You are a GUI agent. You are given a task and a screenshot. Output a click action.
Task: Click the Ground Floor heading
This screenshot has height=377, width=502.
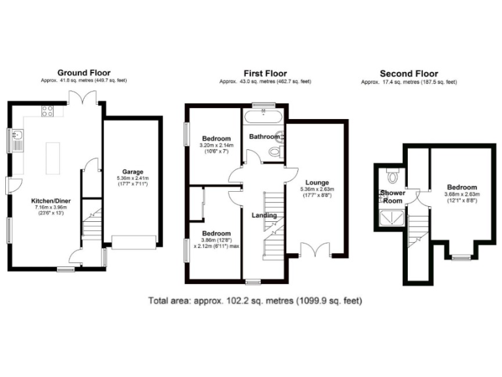[84, 73]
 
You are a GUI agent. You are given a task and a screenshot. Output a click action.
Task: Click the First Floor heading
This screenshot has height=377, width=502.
[265, 73]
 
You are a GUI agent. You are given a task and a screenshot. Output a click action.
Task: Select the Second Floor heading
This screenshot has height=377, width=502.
[409, 74]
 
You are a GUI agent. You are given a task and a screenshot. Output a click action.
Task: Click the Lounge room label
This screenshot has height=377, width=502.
[315, 182]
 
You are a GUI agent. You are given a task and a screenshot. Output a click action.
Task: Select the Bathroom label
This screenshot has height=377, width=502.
[263, 137]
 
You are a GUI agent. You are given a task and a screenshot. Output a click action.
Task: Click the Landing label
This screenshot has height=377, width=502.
[265, 215]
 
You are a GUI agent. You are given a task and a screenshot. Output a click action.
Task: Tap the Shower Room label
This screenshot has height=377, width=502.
[393, 197]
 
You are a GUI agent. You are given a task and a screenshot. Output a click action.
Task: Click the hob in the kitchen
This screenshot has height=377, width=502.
[47, 111]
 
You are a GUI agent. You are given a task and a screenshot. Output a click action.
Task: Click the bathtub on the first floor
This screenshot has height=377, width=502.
[263, 118]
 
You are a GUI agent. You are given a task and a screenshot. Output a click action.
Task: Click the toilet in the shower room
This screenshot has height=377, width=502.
[393, 175]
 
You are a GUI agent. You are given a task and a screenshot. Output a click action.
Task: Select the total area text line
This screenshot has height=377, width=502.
[255, 301]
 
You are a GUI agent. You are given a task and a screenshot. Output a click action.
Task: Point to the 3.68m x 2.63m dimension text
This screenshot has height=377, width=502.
[462, 194]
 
